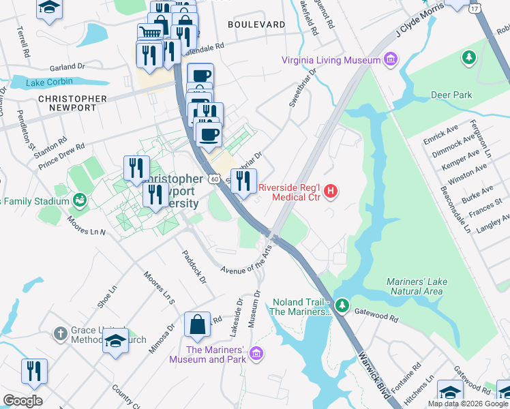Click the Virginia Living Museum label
click(331, 60)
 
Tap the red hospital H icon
click(331, 192)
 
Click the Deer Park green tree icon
click(469, 57)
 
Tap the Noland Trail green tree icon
click(342, 304)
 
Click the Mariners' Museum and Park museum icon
click(256, 352)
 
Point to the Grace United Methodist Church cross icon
click(61, 333)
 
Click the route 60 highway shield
click(214, 179)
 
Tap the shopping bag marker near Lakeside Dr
click(197, 325)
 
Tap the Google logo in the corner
click(23, 401)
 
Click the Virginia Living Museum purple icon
click(391, 60)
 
